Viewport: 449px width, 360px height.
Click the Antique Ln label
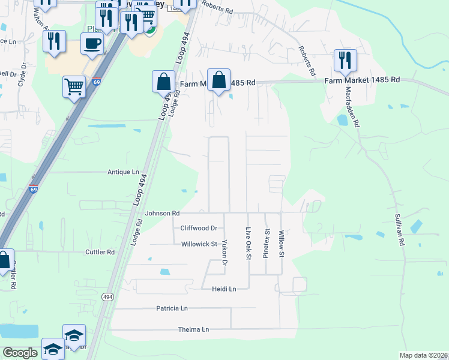123,172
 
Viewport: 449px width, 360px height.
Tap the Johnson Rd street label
161,213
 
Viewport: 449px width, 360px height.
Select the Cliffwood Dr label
199,228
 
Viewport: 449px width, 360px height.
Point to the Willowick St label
199,244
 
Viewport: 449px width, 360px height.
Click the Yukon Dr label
224,253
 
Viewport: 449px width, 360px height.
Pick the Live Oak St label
248,243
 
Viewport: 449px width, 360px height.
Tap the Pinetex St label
267,243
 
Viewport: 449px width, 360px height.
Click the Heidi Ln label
224,289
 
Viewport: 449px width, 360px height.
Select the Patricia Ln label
172,308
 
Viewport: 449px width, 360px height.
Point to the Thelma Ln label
193,329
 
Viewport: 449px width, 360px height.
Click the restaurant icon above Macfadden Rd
345,60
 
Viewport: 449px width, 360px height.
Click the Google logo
20,353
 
